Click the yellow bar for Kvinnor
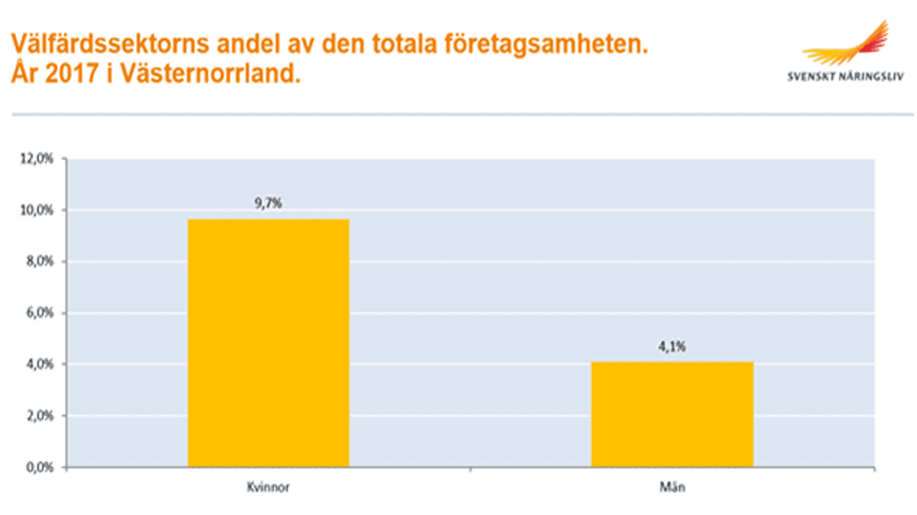click(268, 342)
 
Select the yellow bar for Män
click(672, 414)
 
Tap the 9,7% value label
click(268, 203)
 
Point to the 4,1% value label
click(672, 347)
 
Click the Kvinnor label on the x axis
click(268, 487)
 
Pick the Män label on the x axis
click(672, 487)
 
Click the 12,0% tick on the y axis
click(37, 159)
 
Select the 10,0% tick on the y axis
click(37, 210)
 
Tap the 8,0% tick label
click(40, 262)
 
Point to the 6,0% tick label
click(40, 313)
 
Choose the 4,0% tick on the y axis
click(40, 365)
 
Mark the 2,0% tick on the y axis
click(40, 416)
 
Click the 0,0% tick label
click(40, 467)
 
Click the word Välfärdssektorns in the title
click(110, 44)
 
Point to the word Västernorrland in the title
click(210, 74)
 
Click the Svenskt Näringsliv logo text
click(845, 77)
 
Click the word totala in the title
click(405, 44)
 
